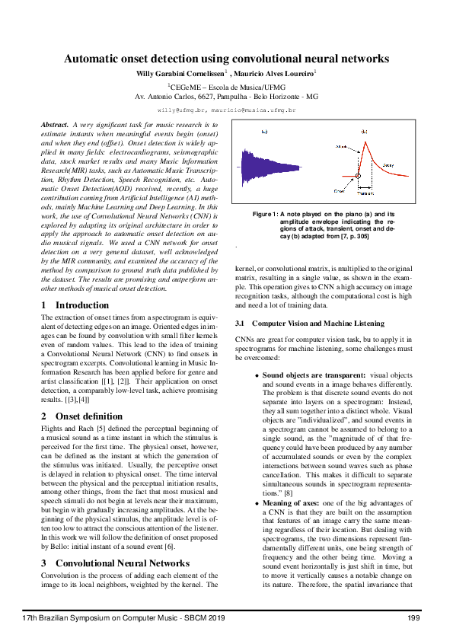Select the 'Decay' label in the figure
click(x=388, y=164)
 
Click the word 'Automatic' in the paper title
click(x=94, y=59)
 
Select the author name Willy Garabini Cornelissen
click(x=183, y=73)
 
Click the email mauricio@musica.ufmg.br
click(x=253, y=110)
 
